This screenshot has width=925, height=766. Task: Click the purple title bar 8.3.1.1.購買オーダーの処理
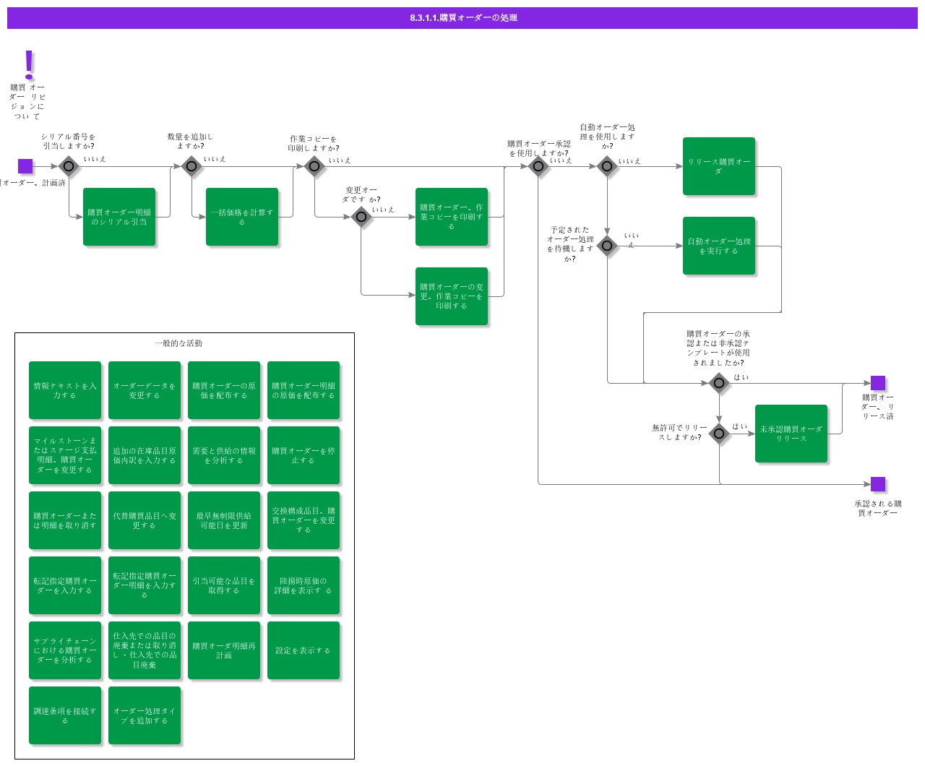coord(462,18)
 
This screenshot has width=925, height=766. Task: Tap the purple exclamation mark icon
coord(29,64)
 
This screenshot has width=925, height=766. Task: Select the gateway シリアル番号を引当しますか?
coord(69,166)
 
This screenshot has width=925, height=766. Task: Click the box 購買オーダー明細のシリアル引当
coord(119,217)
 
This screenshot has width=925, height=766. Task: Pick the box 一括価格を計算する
coord(242,217)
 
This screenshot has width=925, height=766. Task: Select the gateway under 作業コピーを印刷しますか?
coord(314,166)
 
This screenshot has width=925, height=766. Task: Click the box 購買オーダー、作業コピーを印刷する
coord(452,217)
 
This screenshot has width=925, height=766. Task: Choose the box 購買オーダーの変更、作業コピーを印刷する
coord(452,296)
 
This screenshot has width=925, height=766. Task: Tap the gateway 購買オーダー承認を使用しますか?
coord(538,166)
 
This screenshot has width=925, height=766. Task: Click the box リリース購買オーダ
coord(719,166)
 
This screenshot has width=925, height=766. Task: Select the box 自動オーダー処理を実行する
coord(719,246)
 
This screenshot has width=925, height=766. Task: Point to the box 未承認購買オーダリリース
coord(791,434)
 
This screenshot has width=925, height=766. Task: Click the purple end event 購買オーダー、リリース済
coord(878,383)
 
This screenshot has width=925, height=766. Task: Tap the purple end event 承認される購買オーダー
coord(878,484)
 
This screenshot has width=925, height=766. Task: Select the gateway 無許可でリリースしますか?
coord(719,434)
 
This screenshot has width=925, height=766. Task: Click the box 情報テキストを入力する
coord(65,390)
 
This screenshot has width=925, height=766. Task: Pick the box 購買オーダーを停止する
coord(304,455)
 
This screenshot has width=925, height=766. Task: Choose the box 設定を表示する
coord(304,650)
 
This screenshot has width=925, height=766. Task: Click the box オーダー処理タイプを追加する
coord(145,715)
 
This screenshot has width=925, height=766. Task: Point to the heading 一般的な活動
coord(178,343)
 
